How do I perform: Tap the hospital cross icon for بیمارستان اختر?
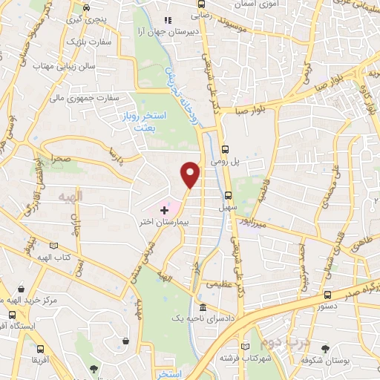pyautogui.click(x=164, y=211)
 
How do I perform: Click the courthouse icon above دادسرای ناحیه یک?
pyautogui.click(x=203, y=307)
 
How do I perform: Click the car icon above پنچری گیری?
pyautogui.click(x=87, y=9)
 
